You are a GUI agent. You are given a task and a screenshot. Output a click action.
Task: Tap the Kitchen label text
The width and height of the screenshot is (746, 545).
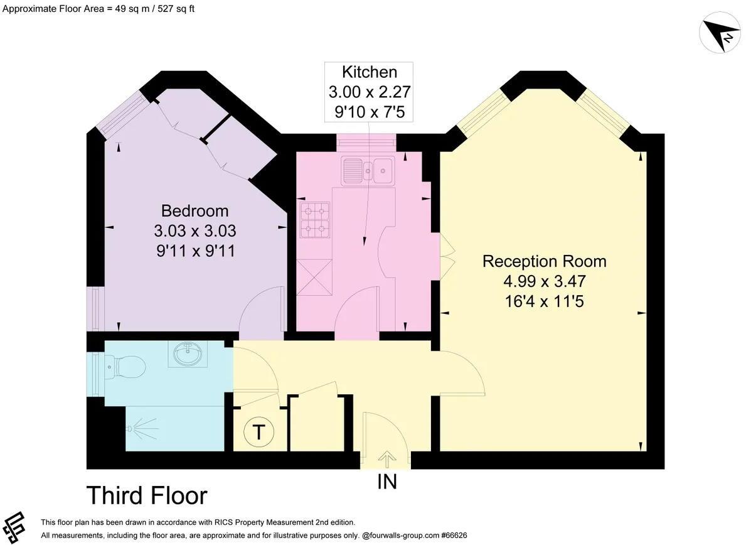pos(369,72)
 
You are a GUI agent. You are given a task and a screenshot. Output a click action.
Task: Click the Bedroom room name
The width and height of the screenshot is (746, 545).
pos(194,210)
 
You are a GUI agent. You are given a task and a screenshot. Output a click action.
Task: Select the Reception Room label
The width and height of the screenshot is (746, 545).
pos(544,261)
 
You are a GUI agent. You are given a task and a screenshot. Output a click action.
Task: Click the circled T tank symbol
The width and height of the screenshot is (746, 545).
pos(258,433)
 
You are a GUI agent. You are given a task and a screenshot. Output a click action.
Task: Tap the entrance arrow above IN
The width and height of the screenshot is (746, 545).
pos(386,460)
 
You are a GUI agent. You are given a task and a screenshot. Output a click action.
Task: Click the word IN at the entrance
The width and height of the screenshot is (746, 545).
pos(386,482)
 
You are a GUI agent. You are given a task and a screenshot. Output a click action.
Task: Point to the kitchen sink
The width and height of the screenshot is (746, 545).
pos(367,171)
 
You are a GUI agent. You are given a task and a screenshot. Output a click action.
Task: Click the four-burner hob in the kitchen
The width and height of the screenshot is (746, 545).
pos(315,220)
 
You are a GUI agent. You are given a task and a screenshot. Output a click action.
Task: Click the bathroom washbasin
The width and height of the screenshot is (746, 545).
pos(188,354)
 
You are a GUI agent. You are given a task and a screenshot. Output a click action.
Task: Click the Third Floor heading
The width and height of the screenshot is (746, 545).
pos(147,495)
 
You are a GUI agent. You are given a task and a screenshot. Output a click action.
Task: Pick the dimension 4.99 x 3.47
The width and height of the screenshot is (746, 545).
pos(544,281)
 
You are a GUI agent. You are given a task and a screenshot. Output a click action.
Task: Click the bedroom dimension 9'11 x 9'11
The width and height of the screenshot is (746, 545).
pos(196,251)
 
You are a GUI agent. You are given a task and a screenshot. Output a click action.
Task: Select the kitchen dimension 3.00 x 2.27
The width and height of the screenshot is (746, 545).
pos(369,92)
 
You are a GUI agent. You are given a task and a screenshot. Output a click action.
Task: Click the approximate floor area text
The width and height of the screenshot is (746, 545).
pos(99,9)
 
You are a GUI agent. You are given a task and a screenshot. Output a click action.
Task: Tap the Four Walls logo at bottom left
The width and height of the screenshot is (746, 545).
pos(14,527)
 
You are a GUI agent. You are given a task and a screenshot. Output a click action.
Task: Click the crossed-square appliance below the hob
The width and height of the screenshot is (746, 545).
pos(314,278)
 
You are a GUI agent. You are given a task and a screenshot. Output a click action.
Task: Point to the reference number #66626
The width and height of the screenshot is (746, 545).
pos(454,536)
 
